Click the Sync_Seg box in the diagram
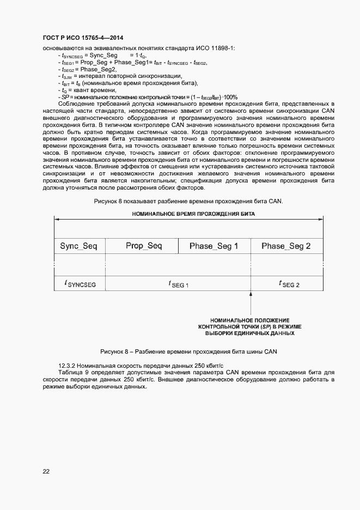[78, 246]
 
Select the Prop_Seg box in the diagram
[144, 246]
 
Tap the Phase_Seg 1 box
[214, 246]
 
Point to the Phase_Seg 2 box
[286, 246]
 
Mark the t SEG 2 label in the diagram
[289, 283]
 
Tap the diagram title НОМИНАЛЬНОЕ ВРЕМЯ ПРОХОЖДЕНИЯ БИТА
[193, 214]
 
